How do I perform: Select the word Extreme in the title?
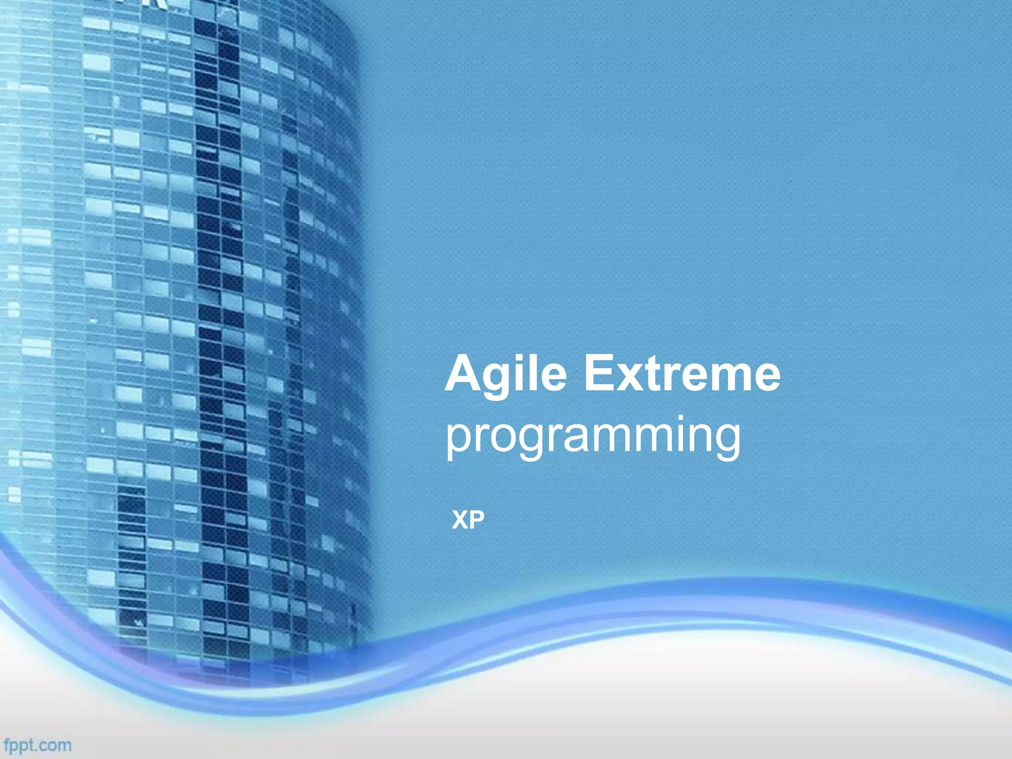coord(682,374)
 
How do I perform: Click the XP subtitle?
coord(468,520)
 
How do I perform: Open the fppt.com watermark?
coord(38,745)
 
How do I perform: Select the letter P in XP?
coord(476,520)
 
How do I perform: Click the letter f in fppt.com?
coord(7,744)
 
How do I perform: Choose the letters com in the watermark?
coord(56,745)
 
